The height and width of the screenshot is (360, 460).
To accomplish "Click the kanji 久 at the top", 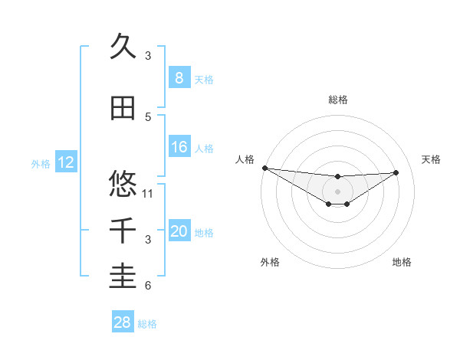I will point(123,47).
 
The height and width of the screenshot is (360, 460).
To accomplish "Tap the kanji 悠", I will point(123,184).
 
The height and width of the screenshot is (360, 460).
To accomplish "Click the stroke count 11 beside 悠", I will point(149,193).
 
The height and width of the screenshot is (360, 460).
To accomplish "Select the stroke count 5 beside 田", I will point(148,116).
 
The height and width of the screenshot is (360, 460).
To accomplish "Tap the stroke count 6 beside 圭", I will point(148,286).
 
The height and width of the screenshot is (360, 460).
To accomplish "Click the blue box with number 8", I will point(179,78).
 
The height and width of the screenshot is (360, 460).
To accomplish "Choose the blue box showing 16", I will point(179,148).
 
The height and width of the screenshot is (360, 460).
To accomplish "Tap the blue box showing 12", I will point(65,162).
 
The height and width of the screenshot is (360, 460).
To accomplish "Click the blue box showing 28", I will point(122,323).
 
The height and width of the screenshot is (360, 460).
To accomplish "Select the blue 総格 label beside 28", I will point(147,324).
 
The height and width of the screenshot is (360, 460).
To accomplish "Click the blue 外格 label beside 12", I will point(40,163).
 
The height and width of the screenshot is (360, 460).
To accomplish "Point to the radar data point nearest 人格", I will point(264,168).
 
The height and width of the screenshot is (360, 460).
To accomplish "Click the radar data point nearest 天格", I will point(396,172).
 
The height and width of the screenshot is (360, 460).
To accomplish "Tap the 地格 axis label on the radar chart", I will point(402,262).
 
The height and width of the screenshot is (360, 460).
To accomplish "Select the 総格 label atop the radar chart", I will point(337,100).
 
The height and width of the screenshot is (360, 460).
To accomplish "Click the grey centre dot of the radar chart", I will point(337,191).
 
